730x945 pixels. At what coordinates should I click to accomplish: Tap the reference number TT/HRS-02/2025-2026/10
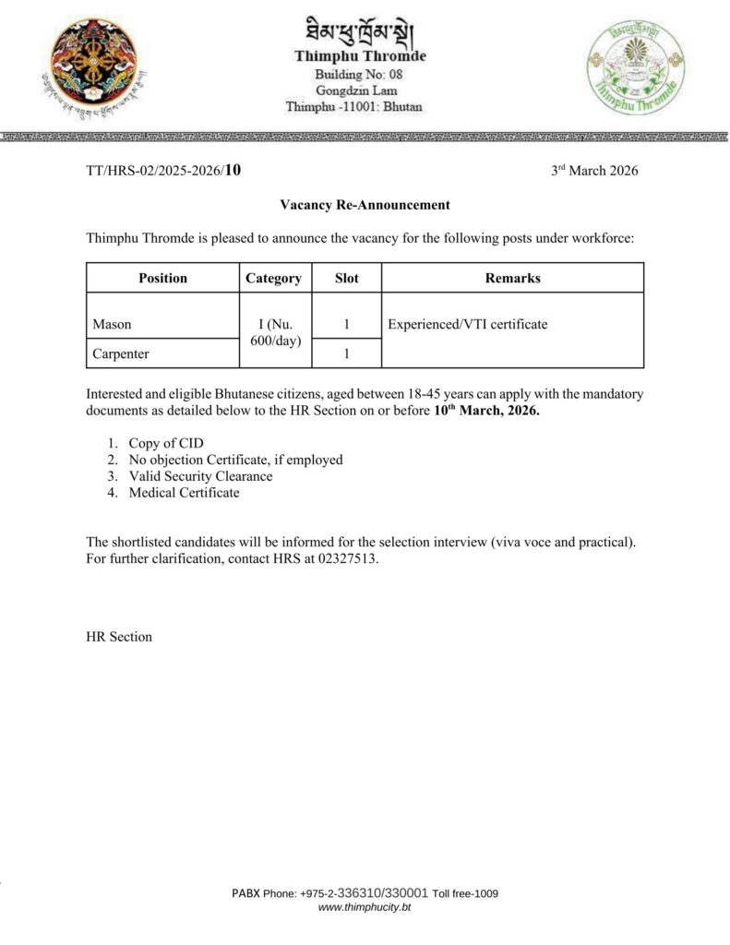(x=163, y=170)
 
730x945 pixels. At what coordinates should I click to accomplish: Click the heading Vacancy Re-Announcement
(x=365, y=205)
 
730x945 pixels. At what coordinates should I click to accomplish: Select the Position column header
(x=162, y=278)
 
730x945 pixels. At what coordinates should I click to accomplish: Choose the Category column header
(x=273, y=278)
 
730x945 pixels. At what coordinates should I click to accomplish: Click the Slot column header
(x=346, y=278)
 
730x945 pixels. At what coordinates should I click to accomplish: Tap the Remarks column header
(x=512, y=278)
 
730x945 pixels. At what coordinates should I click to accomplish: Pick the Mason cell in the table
(x=113, y=325)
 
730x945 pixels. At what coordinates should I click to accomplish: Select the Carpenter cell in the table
(x=121, y=353)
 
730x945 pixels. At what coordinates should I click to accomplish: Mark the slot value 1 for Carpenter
(x=346, y=353)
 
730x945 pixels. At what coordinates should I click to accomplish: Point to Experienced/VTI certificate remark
(x=468, y=325)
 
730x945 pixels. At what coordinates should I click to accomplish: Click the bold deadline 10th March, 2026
(x=486, y=410)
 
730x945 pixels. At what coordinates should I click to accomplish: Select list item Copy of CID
(x=166, y=443)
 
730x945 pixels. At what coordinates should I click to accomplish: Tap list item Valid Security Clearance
(x=200, y=476)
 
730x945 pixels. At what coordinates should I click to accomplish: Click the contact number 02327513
(x=349, y=557)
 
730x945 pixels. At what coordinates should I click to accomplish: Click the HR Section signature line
(x=119, y=637)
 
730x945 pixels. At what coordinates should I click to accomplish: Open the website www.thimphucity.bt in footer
(x=365, y=908)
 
